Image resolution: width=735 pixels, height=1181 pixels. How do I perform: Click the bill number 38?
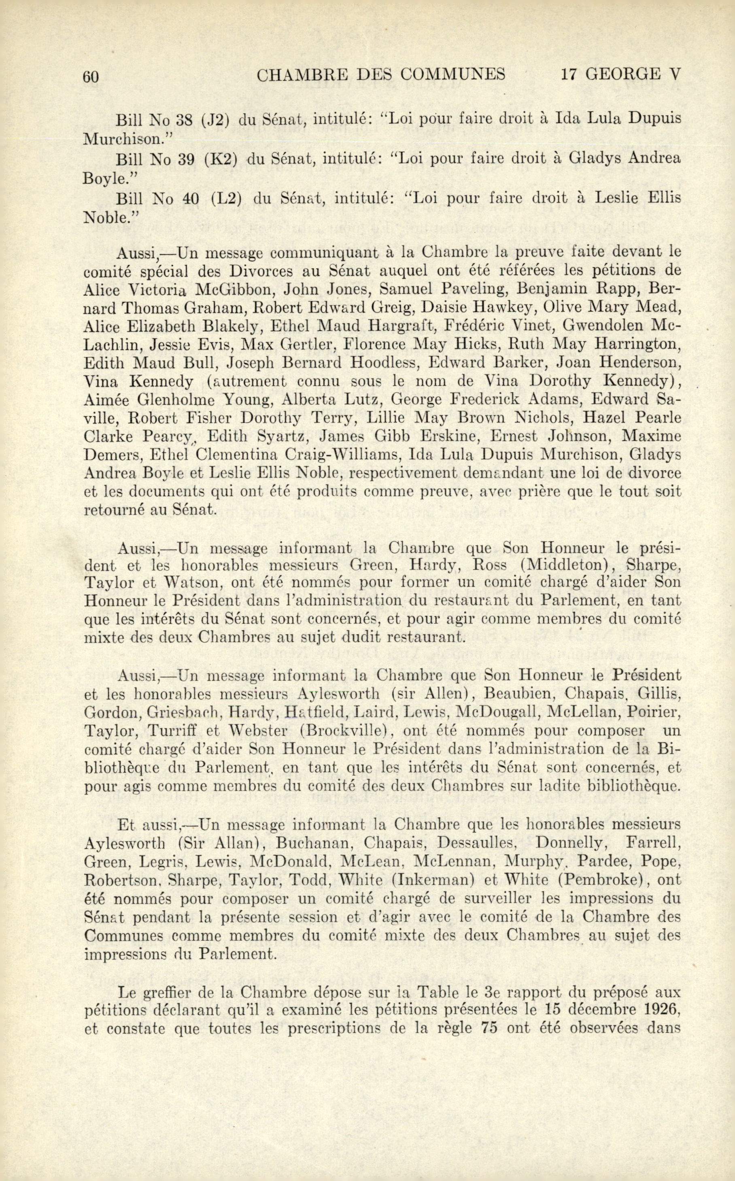pyautogui.click(x=185, y=119)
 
